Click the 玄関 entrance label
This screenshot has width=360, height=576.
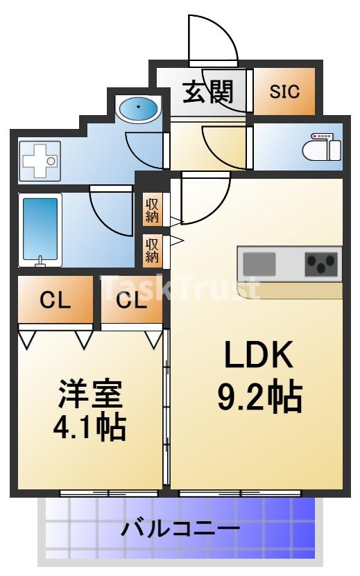coord(207,91)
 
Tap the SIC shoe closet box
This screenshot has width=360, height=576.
coord(284,91)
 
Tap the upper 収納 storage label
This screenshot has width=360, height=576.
coord(152,210)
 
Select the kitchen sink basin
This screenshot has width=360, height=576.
coord(259,263)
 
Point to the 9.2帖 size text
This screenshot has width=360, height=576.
coord(259,397)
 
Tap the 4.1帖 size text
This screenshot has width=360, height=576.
coord(89,427)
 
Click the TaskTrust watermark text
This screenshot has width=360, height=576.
coord(180,287)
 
